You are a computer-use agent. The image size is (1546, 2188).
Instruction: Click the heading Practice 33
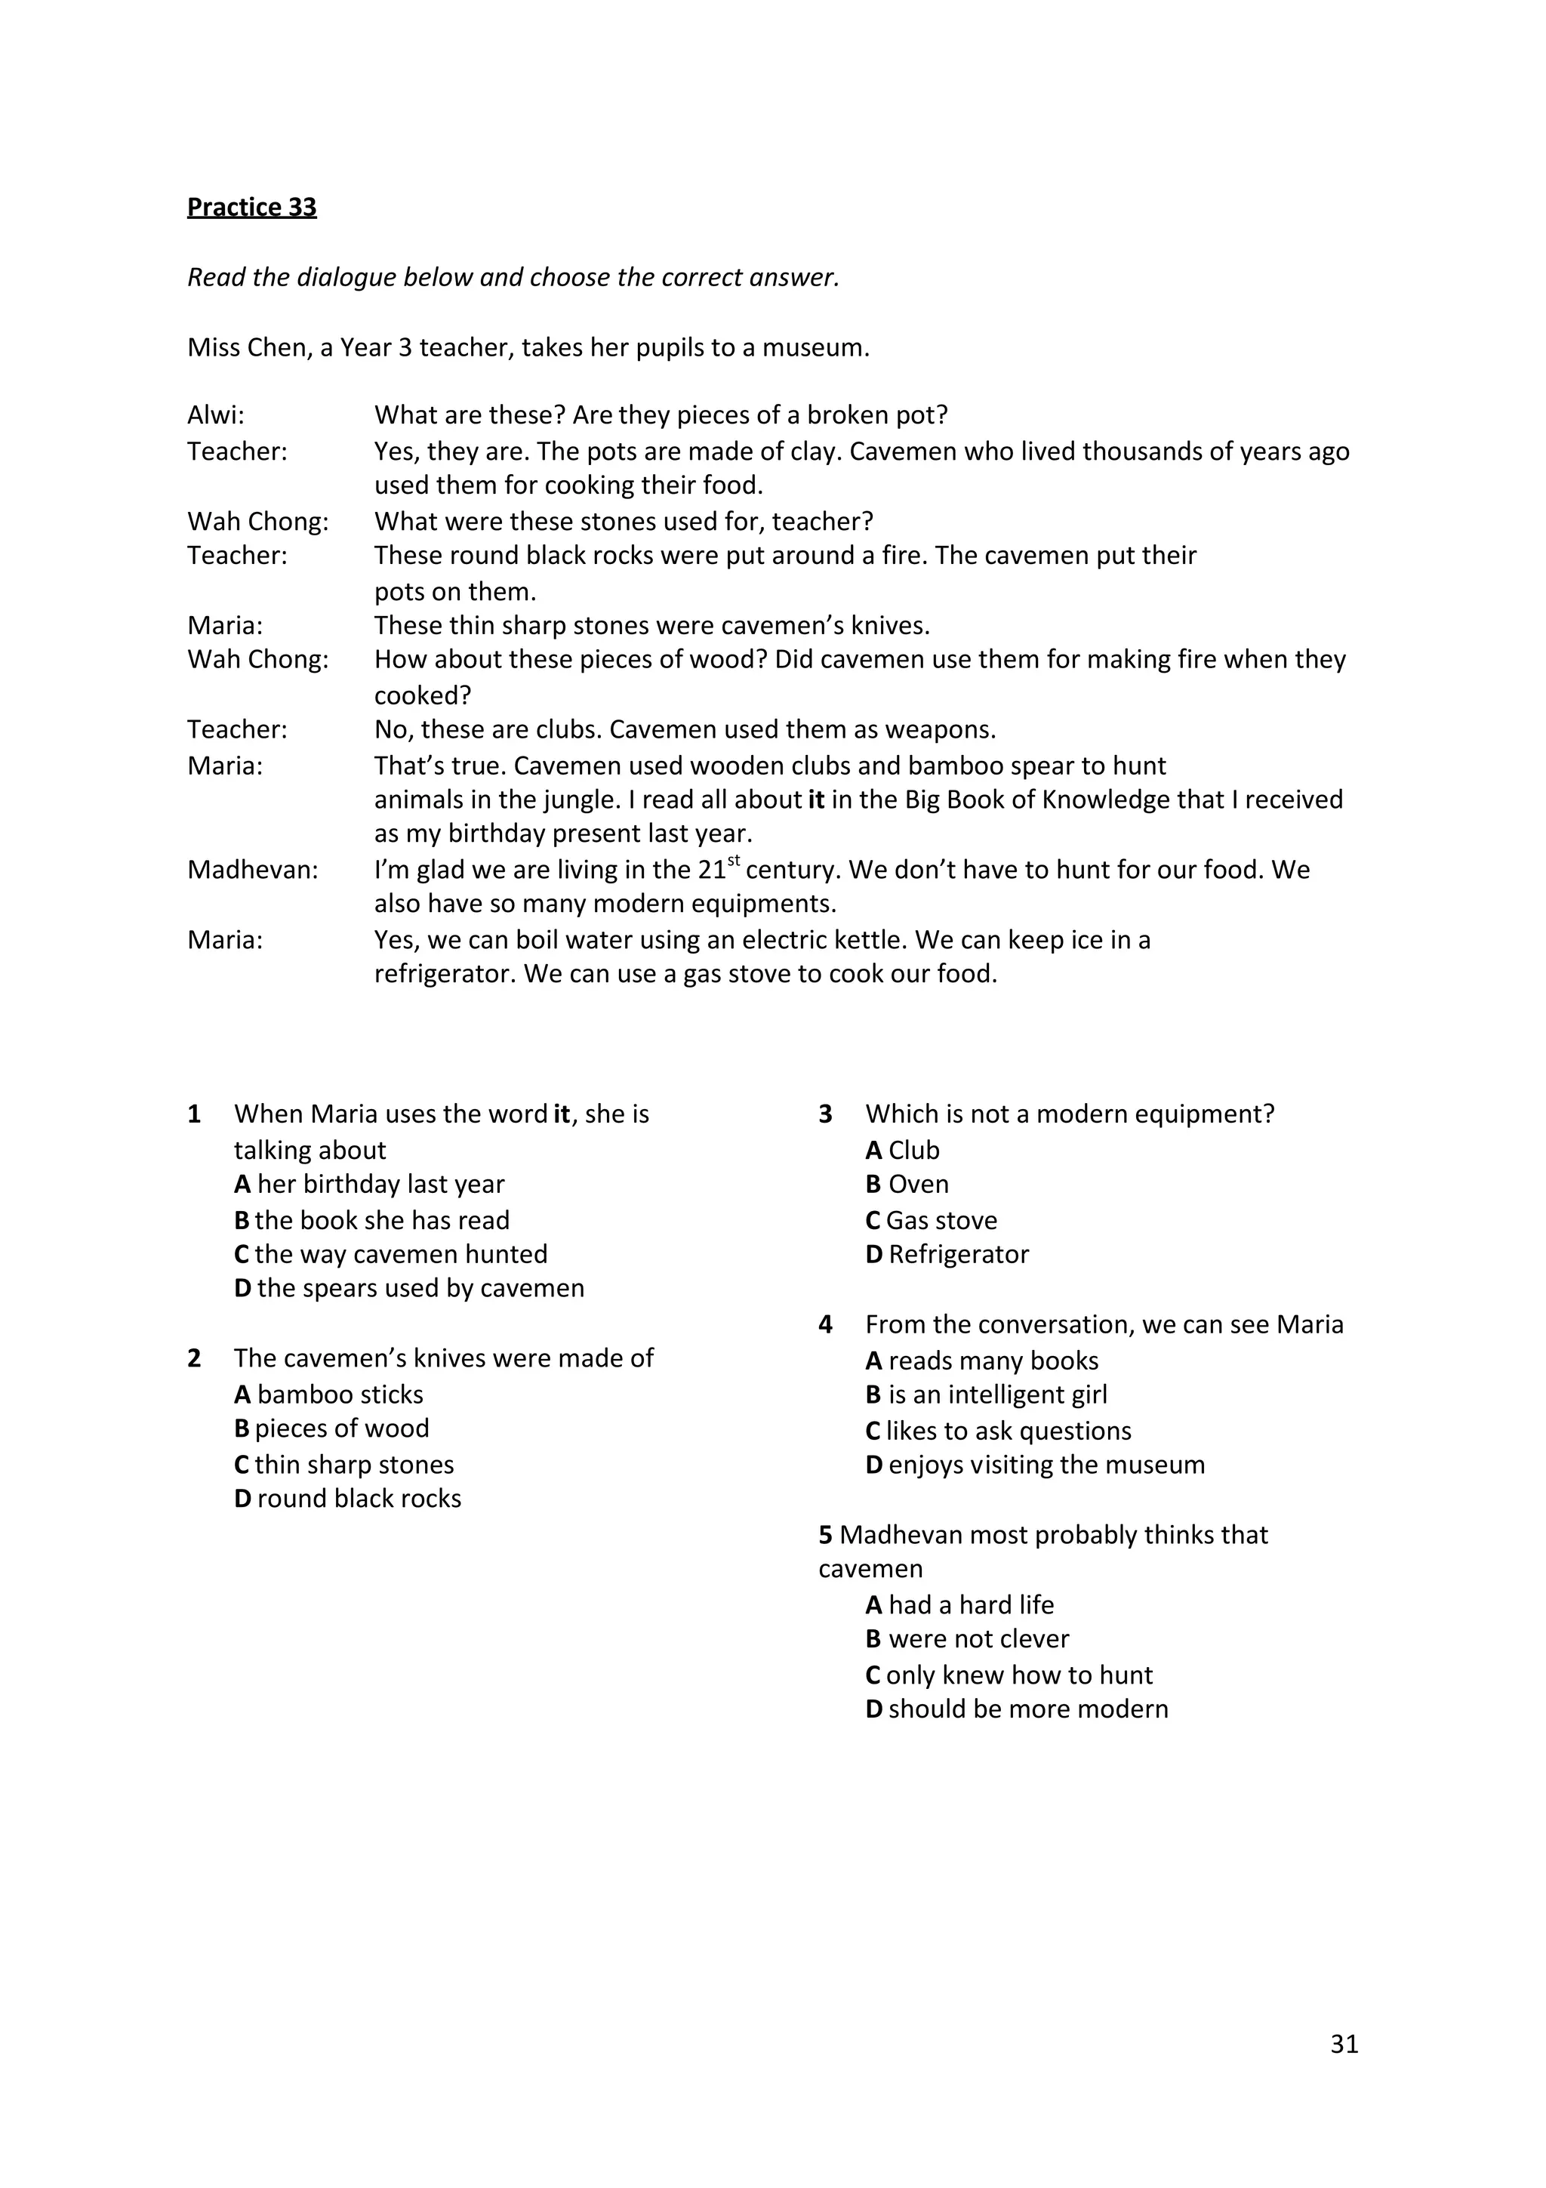pyautogui.click(x=251, y=207)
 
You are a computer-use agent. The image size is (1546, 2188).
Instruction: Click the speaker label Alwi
pyautogui.click(x=215, y=414)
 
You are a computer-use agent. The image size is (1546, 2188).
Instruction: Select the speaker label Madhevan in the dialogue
pyautogui.click(x=252, y=869)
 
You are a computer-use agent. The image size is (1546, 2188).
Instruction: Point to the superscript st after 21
pyautogui.click(x=734, y=861)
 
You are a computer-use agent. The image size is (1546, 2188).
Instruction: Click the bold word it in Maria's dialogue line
pyautogui.click(x=815, y=799)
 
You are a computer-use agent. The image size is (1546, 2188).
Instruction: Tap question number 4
pyautogui.click(x=825, y=1324)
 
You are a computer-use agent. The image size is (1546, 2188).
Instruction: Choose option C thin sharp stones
pyautogui.click(x=344, y=1464)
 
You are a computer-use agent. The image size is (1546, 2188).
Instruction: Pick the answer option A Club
pyautogui.click(x=902, y=1149)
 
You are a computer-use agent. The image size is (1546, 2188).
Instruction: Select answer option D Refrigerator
pyautogui.click(x=947, y=1253)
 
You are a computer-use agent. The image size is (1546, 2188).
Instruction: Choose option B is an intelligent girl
pyautogui.click(x=986, y=1394)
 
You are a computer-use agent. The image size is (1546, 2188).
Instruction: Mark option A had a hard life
pyautogui.click(x=959, y=1605)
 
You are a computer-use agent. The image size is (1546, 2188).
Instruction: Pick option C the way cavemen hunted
pyautogui.click(x=390, y=1253)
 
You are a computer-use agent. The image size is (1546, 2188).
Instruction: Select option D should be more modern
pyautogui.click(x=1016, y=1709)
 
